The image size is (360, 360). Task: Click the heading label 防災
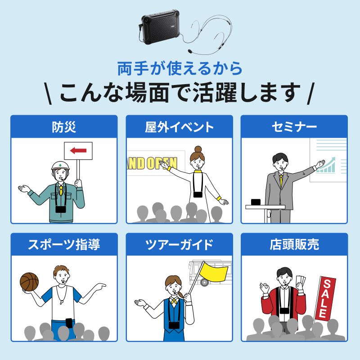[64, 127]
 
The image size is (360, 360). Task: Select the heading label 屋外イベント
[180, 127]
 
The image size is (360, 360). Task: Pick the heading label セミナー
[294, 127]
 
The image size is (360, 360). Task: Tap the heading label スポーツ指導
[64, 244]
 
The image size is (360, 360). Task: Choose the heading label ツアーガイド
[180, 244]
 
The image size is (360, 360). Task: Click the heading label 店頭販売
[294, 244]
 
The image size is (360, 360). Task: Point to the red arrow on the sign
[78, 151]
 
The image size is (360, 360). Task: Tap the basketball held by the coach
[30, 281]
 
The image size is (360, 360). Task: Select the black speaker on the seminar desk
[256, 202]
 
